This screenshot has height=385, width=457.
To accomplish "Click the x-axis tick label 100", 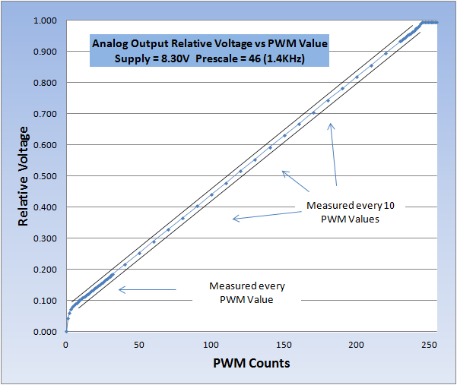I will point(211,344).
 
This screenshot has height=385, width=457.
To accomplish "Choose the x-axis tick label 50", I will point(138,344).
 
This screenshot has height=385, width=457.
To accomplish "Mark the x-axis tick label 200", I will point(357,344).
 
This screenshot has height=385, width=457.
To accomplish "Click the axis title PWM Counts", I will point(251,363).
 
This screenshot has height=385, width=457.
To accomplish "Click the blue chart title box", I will point(208,52).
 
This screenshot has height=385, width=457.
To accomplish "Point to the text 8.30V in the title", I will point(176,58).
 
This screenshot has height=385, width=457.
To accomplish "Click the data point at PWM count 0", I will point(66,331).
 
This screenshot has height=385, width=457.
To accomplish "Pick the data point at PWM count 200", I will point(357,77).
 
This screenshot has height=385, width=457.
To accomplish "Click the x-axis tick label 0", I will point(66,344).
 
